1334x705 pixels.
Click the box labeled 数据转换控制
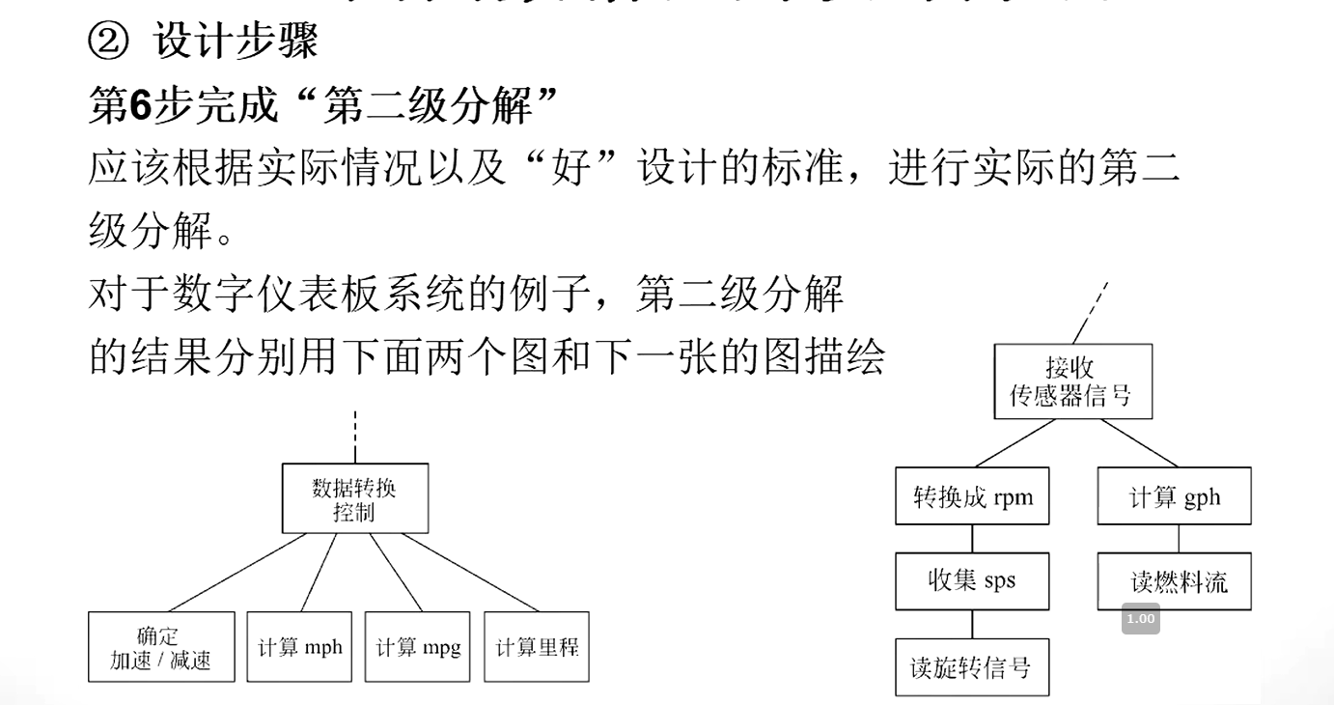click(354, 498)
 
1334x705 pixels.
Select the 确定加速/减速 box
click(160, 647)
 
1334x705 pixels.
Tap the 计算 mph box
click(299, 647)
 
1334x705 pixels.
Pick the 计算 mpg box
click(418, 647)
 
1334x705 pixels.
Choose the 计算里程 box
click(537, 647)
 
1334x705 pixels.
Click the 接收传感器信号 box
click(1072, 382)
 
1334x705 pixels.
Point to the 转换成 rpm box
click(972, 497)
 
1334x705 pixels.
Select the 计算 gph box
click(1174, 497)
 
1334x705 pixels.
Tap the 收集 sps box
click(972, 581)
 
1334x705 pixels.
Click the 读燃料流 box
click(1174, 581)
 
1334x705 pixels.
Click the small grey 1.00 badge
click(1140, 619)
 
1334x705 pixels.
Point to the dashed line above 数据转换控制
click(355, 437)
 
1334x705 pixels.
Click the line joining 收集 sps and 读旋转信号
click(971, 624)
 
